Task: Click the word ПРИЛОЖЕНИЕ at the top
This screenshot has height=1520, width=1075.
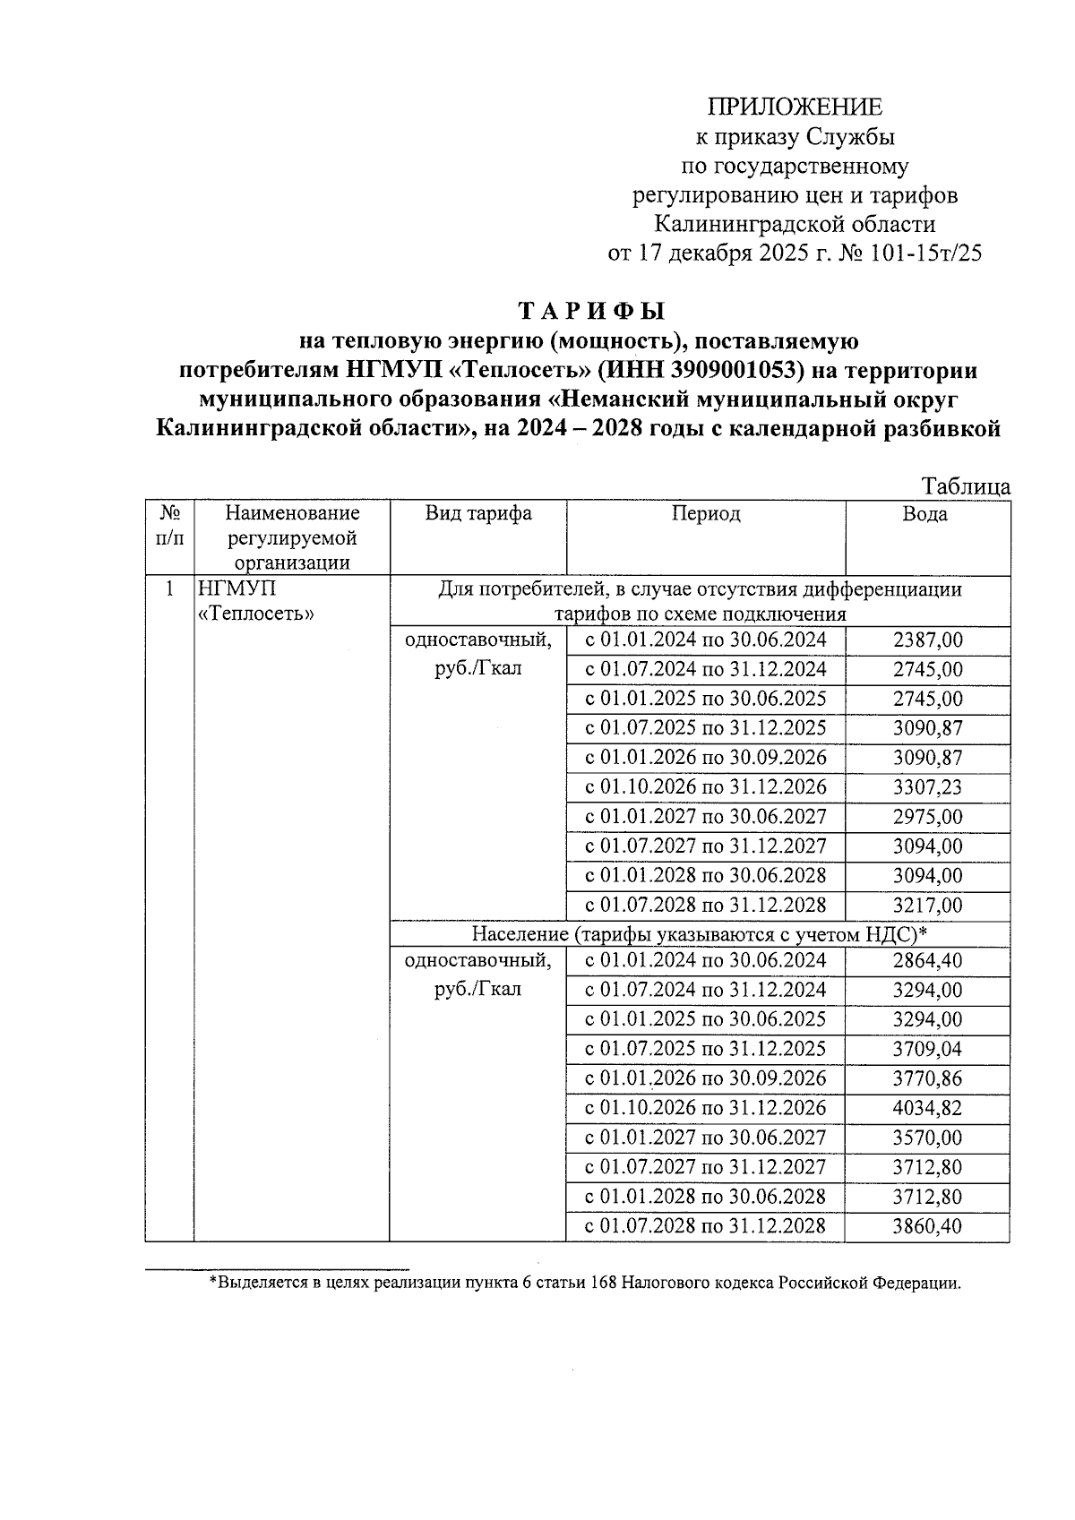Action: [795, 107]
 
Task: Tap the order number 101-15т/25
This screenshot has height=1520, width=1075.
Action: [924, 253]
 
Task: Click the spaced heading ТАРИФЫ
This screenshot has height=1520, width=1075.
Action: [593, 312]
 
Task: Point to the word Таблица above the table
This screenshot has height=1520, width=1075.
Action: [966, 486]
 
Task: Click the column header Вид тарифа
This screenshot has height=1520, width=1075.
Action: [477, 513]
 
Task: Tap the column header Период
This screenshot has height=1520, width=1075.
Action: [706, 513]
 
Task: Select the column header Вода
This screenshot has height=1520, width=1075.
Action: [925, 514]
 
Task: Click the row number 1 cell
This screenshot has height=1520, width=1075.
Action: [169, 589]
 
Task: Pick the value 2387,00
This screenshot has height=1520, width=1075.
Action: [927, 640]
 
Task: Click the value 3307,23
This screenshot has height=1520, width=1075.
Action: [927, 787]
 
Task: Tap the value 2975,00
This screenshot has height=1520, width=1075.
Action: [927, 817]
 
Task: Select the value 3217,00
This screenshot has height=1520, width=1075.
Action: [927, 906]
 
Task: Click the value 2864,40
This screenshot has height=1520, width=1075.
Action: [927, 961]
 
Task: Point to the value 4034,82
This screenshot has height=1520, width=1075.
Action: [927, 1108]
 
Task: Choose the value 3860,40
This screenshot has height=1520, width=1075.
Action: [927, 1226]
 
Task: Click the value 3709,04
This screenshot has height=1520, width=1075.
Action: [927, 1049]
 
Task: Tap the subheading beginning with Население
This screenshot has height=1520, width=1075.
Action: [699, 934]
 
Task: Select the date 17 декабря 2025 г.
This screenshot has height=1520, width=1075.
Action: [733, 253]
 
